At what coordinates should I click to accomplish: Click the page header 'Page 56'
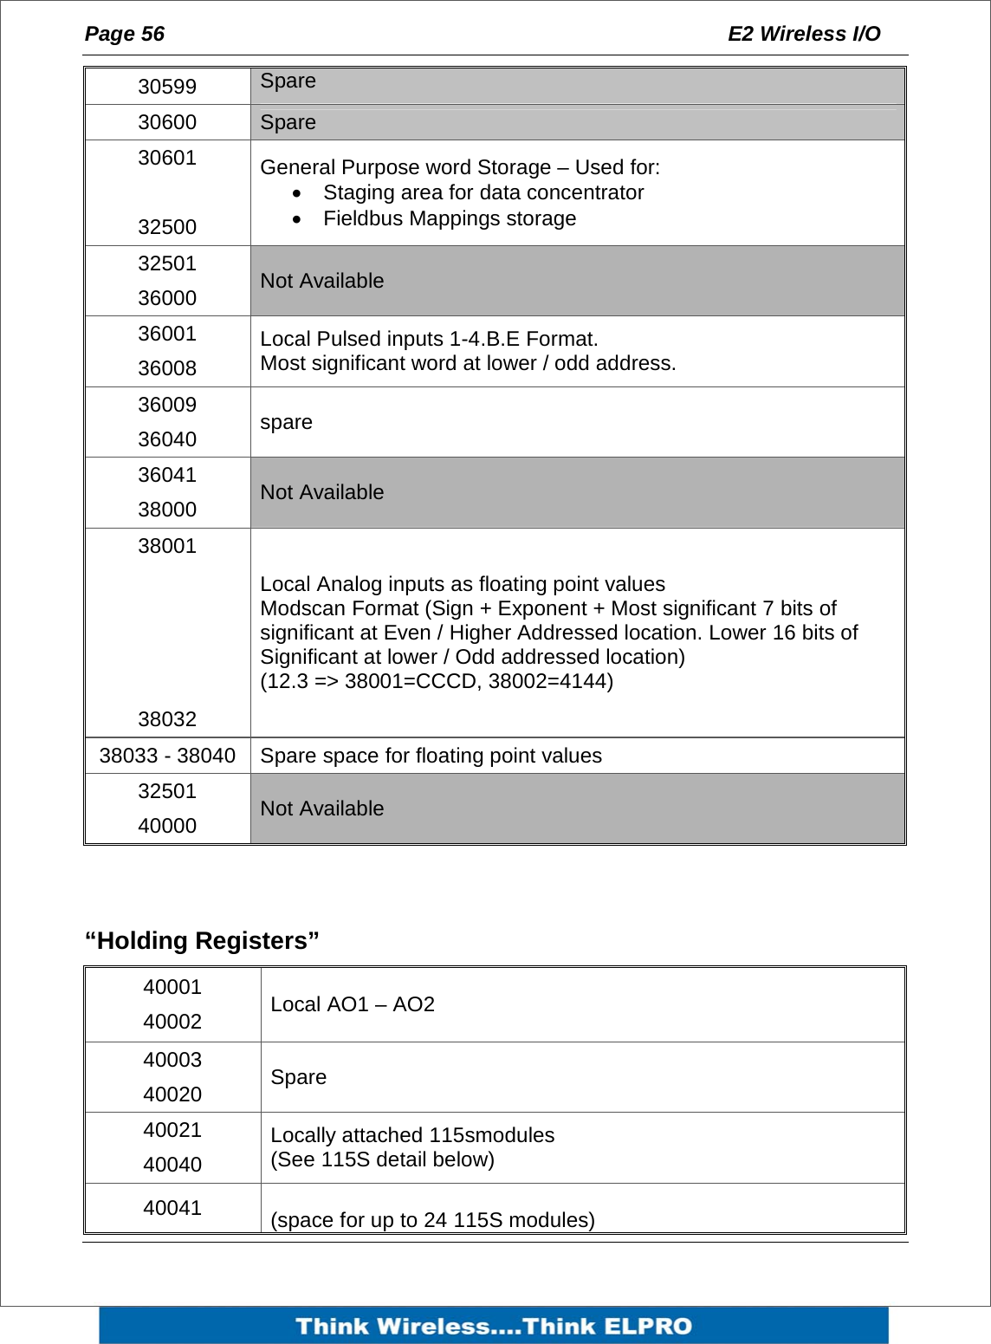tap(124, 34)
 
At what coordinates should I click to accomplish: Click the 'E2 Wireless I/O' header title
tap(803, 34)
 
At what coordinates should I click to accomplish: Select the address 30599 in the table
tap(167, 87)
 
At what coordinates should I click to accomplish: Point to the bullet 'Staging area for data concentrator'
tap(483, 192)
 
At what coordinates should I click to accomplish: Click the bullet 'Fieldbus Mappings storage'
tap(449, 218)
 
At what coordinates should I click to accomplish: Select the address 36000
tap(167, 298)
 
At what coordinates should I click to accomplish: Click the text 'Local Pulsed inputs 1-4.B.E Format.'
tap(429, 339)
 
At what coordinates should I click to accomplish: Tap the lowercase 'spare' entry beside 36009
tap(286, 422)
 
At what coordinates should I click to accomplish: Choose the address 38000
tap(167, 510)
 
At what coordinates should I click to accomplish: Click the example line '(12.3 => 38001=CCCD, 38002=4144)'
tap(437, 681)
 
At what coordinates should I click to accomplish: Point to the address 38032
tap(167, 719)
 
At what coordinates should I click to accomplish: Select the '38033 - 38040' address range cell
tap(167, 756)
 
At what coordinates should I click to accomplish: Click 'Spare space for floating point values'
tap(431, 756)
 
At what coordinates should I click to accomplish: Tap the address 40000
tap(167, 826)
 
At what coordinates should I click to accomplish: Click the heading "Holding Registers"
tap(202, 940)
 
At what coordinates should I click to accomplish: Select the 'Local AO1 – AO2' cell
tap(353, 1004)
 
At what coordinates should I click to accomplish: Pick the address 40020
tap(172, 1094)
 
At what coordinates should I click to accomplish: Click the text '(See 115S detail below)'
tap(382, 1159)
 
